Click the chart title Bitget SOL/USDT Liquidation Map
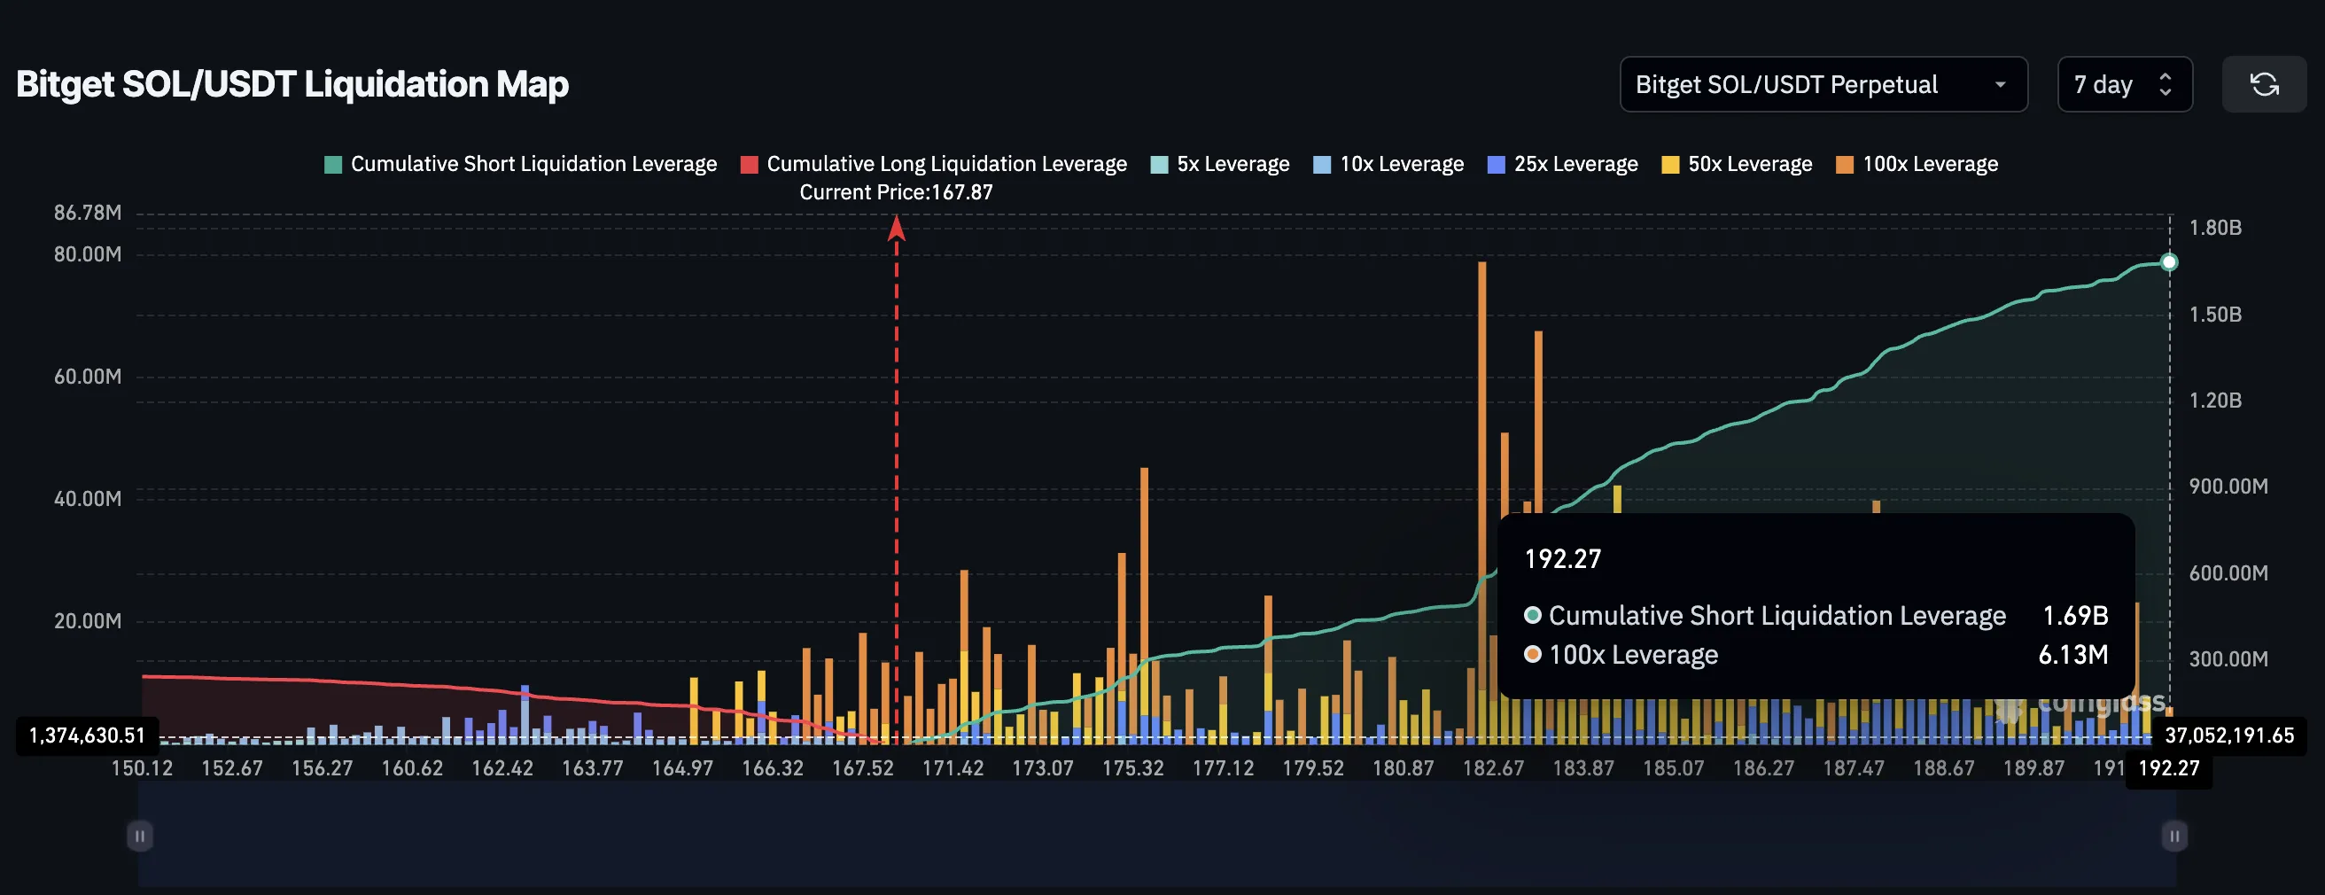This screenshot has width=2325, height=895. tap(292, 84)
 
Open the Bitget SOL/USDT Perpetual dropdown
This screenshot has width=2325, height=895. tap(1823, 85)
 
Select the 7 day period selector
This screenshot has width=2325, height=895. tap(2123, 85)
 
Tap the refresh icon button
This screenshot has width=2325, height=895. tap(2263, 85)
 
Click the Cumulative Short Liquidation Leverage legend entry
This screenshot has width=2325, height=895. tap(520, 164)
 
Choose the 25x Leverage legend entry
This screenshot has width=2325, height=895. tap(1562, 164)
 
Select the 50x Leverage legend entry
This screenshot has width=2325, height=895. tap(1737, 164)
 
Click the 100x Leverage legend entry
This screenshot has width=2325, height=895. tap(1917, 164)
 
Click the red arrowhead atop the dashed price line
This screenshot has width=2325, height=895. tap(897, 228)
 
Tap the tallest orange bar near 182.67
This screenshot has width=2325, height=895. tap(1482, 406)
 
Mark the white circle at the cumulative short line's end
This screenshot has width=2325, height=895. tap(2169, 262)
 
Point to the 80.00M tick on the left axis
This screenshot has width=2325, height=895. tap(88, 254)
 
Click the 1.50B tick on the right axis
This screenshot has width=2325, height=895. tap(2215, 315)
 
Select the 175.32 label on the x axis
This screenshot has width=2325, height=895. tap(1132, 768)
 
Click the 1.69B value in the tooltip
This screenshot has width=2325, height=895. tap(2075, 616)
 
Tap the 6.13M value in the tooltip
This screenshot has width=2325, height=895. tap(2073, 655)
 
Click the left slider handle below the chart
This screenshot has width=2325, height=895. tap(140, 837)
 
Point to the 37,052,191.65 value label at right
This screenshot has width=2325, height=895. tap(2228, 736)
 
